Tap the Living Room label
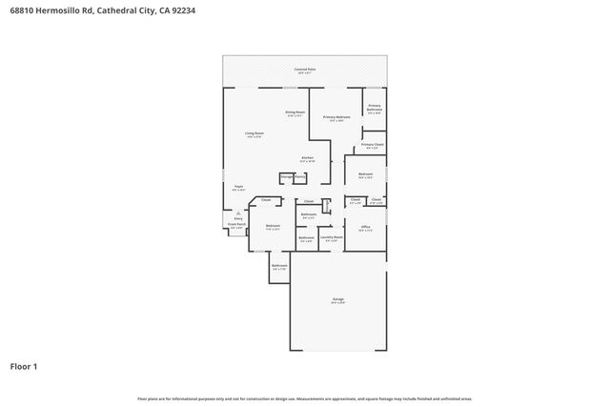coord(254,135)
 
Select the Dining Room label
coord(295,112)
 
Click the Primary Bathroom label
coord(375,108)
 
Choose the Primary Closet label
coord(373,146)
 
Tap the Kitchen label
coord(308,158)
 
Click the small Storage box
coord(286,177)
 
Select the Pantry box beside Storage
coord(300,177)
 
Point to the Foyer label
coord(239,188)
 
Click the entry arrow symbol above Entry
coord(238,213)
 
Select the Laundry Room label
coord(331,238)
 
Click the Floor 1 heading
coord(24,366)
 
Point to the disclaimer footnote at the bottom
coord(305,398)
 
